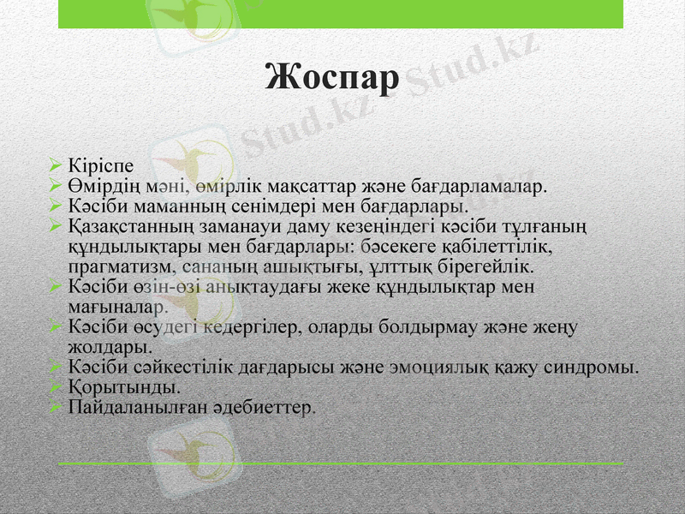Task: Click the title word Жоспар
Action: click(333, 78)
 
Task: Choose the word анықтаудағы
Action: click(265, 287)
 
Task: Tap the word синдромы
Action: click(594, 368)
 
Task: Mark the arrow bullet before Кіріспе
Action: click(55, 164)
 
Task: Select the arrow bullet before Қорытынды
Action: click(55, 387)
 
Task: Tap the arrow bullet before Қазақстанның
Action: click(55, 225)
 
